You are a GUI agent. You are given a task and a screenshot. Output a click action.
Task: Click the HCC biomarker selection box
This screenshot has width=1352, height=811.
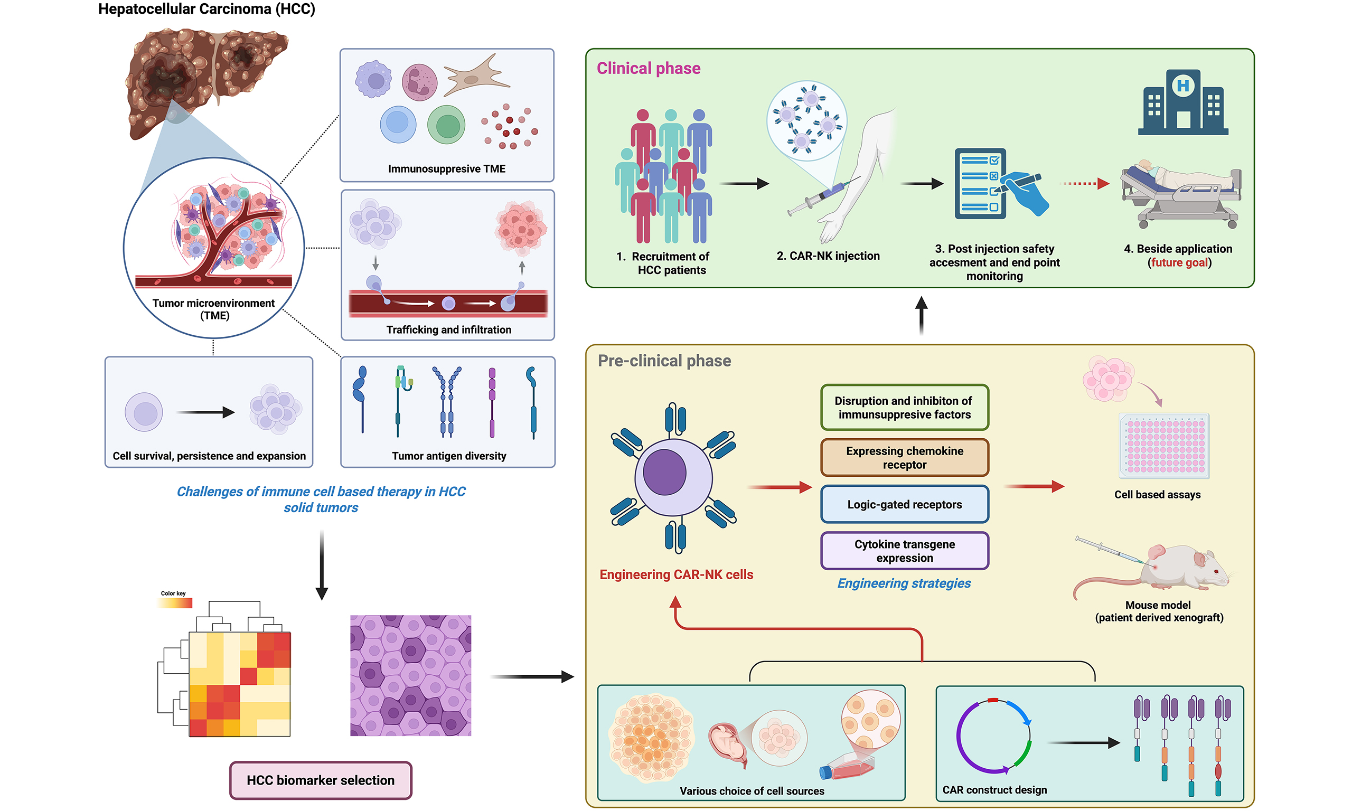point(320,780)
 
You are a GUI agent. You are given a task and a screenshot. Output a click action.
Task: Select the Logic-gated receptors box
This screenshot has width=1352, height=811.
point(905,504)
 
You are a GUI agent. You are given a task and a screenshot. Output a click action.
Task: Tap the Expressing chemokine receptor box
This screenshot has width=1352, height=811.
point(905,457)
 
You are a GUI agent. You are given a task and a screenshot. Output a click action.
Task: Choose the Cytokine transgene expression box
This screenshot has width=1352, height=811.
point(905,551)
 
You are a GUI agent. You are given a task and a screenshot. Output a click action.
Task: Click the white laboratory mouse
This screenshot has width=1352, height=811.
point(1180,571)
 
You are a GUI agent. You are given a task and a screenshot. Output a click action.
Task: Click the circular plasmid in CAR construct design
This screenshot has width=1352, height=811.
point(993,736)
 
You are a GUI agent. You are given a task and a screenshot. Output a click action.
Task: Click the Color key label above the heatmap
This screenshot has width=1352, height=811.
point(173,593)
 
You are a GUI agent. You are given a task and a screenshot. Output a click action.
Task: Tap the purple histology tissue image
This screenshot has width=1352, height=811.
point(410,675)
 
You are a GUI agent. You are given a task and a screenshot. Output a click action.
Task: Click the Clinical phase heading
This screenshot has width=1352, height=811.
point(648,68)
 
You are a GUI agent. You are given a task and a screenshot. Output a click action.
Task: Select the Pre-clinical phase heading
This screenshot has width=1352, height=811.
point(664,361)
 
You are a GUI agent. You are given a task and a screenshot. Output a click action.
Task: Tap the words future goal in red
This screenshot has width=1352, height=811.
point(1179,263)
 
